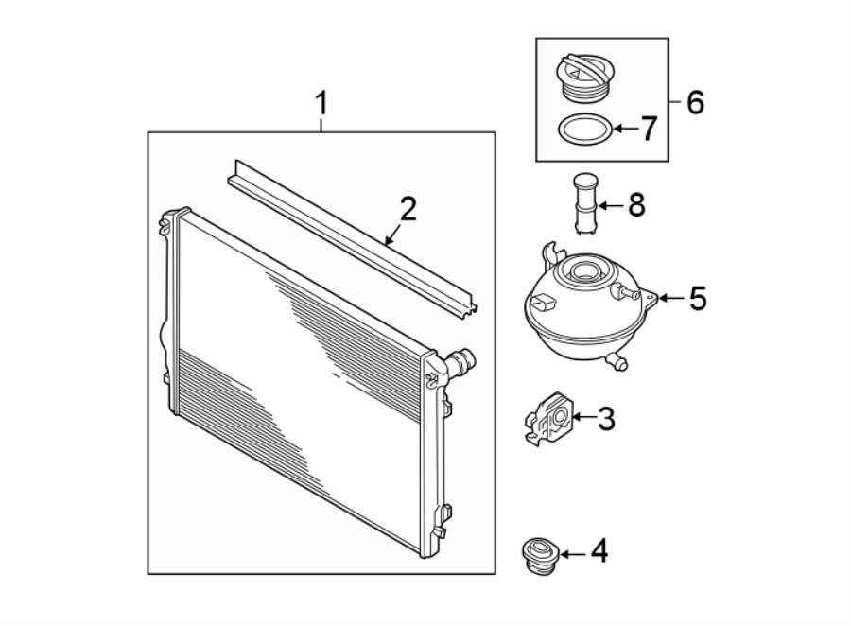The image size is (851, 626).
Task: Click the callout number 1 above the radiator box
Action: [321, 102]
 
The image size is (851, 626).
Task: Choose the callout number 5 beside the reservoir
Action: [697, 299]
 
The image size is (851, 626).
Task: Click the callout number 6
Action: [695, 102]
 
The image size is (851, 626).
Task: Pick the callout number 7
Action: [648, 129]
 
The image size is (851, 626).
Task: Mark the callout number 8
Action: [634, 204]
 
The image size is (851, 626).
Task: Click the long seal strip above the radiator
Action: [350, 236]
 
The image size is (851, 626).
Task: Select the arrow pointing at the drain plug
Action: [575, 549]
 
